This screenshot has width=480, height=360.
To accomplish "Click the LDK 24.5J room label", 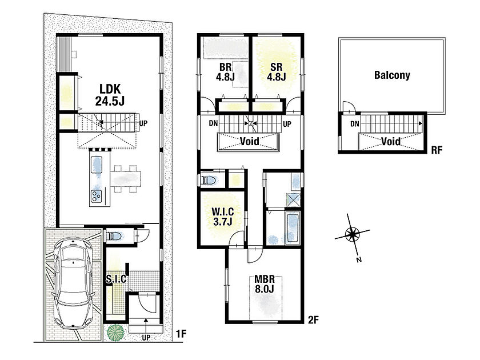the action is [110, 95].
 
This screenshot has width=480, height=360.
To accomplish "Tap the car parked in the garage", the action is [73, 282].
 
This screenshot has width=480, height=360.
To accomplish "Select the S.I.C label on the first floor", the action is [117, 279].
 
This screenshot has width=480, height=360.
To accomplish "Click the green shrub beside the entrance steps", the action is [115, 333].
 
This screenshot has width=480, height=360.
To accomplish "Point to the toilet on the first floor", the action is [114, 236].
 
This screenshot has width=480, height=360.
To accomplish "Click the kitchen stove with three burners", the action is [97, 196].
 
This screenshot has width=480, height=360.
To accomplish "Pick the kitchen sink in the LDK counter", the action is [97, 165].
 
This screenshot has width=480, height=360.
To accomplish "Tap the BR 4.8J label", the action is [225, 72].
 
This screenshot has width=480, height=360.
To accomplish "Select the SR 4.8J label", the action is [277, 72].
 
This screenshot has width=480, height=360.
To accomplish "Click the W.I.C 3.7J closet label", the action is [223, 217].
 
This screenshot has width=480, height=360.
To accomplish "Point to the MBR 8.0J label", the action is [265, 284].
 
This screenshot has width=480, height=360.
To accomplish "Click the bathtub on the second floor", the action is [293, 228].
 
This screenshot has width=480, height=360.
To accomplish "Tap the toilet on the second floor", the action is [209, 181].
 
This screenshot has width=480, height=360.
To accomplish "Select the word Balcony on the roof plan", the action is [392, 75].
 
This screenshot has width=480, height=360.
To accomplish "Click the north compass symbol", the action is [353, 235].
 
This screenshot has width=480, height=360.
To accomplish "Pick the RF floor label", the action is [437, 150].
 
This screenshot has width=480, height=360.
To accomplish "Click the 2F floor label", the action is [313, 320].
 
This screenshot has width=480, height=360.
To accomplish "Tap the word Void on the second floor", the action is [250, 141].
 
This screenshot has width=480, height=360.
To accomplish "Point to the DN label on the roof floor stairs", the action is [355, 124].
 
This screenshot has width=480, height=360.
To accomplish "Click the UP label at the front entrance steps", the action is [146, 337].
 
